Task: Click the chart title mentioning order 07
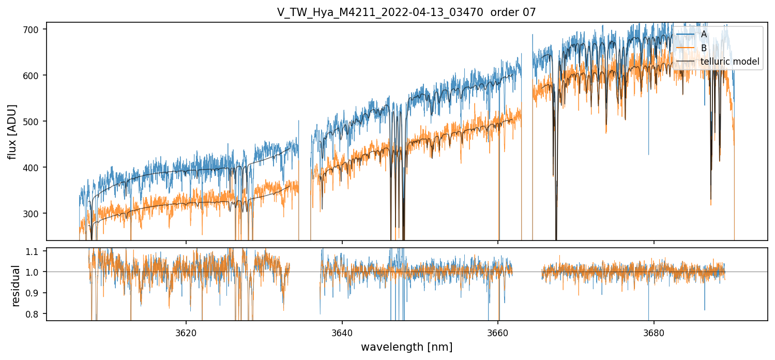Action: tap(406, 12)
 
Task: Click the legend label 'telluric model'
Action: tap(730, 62)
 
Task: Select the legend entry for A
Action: tap(704, 34)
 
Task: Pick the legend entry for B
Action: tap(704, 48)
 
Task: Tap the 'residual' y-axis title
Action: tap(16, 286)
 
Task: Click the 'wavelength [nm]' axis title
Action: tap(406, 347)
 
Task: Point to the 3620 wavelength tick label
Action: tap(186, 332)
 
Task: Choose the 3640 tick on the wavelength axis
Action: tap(342, 332)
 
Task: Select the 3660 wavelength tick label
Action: tap(498, 332)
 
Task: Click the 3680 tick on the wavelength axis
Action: tap(654, 332)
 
